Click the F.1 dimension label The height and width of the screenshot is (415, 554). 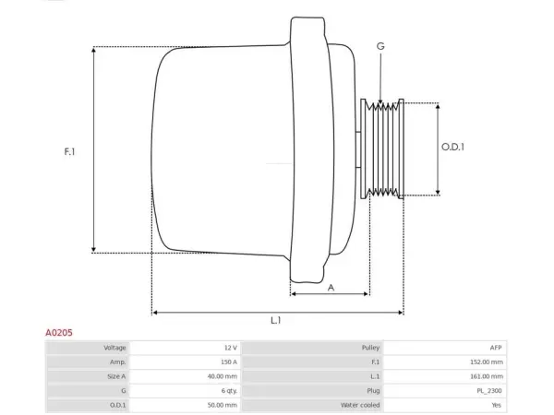coord(69,152)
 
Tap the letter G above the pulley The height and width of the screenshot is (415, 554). coord(380,46)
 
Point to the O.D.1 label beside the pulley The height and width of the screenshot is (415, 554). coord(452,147)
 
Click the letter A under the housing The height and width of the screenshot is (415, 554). coord(331,288)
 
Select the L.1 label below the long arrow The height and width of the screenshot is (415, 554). coord(275,320)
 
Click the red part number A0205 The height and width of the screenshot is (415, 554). coord(59,333)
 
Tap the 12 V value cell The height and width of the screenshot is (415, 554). coord(231,348)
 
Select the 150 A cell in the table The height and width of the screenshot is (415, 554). coord(229,362)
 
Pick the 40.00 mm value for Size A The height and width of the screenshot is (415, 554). coord(223,376)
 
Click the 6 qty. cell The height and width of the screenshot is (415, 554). coord(229,391)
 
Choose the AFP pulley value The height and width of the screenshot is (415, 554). coord(496,348)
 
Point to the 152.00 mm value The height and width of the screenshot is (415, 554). coord(487,362)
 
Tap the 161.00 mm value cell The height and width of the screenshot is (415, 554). coord(487,376)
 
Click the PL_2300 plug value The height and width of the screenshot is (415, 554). coord(489,391)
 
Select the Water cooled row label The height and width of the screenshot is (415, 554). coord(360,405)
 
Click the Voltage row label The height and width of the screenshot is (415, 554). coord(114,348)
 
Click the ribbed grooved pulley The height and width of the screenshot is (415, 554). coord(382,148)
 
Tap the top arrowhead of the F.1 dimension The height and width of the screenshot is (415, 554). coord(93,50)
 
